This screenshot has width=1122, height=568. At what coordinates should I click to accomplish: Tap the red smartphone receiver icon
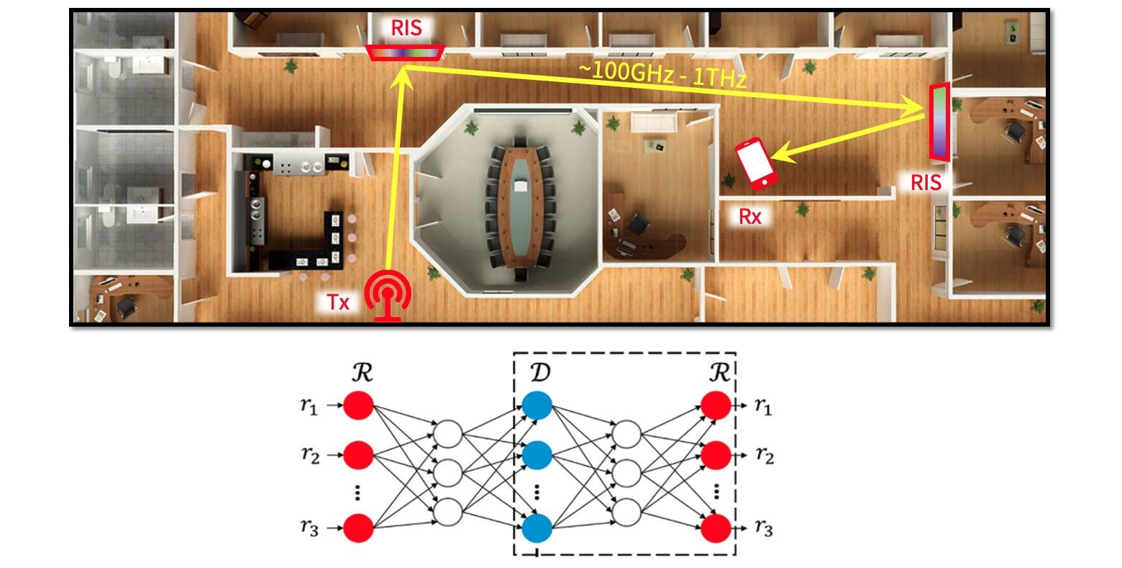(x=755, y=163)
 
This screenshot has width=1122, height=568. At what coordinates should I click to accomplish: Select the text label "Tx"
(x=338, y=302)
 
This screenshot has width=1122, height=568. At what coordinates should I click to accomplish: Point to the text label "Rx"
(x=750, y=216)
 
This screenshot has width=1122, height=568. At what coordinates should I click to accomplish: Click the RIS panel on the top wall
(x=405, y=53)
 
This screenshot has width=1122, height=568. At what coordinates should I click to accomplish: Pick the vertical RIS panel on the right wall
(x=939, y=121)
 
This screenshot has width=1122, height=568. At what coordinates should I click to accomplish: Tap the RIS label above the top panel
(x=406, y=28)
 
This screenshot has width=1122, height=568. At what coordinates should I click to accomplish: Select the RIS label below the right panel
(x=926, y=182)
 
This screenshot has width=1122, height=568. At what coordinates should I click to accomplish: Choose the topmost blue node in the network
(x=537, y=405)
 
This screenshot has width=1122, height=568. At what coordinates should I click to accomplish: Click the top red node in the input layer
(x=358, y=405)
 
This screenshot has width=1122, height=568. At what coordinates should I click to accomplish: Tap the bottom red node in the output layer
(x=717, y=528)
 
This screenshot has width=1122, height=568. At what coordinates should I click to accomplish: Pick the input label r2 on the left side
(x=310, y=456)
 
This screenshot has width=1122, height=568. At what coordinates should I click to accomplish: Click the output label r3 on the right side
(x=764, y=529)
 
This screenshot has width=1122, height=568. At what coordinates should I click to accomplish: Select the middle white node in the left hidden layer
(x=447, y=472)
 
